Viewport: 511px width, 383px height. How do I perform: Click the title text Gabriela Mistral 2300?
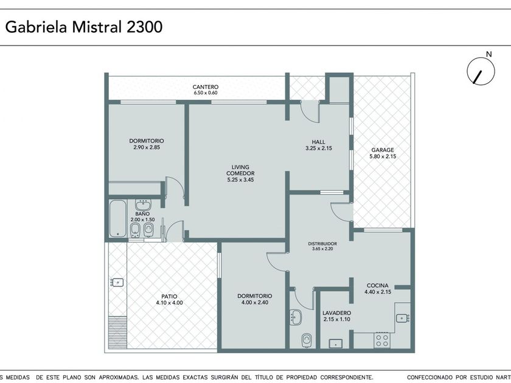tap(84, 27)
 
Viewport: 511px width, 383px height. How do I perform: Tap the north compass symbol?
tap(481, 71)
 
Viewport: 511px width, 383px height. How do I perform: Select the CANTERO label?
tap(206, 87)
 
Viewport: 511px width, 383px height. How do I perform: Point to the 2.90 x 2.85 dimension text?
tap(147, 147)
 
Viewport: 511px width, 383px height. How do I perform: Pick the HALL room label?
tap(318, 142)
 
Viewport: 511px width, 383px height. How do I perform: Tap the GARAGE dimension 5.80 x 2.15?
tap(383, 156)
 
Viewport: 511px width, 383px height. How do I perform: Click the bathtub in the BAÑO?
tap(117, 218)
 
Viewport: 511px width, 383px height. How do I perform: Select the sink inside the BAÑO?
tap(143, 205)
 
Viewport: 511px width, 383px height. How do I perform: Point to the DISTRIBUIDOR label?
tap(322, 244)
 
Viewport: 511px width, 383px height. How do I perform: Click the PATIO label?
tap(169, 297)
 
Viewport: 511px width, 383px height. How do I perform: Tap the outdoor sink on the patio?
tap(117, 282)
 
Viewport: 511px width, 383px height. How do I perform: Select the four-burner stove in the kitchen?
tap(382, 340)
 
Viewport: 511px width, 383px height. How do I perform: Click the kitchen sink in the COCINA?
tap(403, 318)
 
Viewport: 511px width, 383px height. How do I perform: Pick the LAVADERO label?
tap(336, 313)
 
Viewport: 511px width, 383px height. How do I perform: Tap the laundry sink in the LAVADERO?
tap(335, 343)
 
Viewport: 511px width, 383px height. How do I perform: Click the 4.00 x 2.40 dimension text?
tap(255, 302)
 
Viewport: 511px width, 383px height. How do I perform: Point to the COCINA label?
tap(377, 286)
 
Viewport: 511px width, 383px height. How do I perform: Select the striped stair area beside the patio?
tap(117, 332)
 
